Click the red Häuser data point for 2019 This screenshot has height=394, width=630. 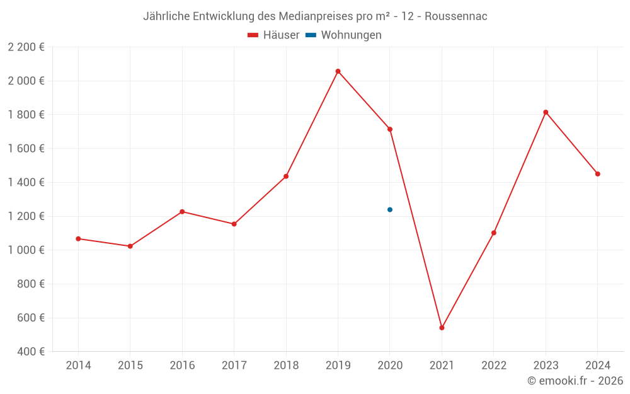[x=338, y=71]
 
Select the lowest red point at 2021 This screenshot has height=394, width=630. [x=442, y=328]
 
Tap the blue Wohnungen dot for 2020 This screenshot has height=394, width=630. [x=390, y=209]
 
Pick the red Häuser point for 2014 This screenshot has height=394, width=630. [x=78, y=239]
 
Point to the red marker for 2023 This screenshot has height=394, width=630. [x=546, y=112]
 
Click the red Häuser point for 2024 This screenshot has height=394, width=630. [x=597, y=174]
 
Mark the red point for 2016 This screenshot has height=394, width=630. [x=182, y=212]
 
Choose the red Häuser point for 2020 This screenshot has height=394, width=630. [x=390, y=129]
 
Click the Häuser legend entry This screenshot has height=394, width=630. [x=273, y=35]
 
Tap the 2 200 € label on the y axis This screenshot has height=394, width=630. [x=26, y=47]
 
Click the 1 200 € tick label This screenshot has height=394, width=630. [x=26, y=216]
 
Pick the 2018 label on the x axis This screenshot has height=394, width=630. [x=286, y=366]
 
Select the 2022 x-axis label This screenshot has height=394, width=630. [x=494, y=366]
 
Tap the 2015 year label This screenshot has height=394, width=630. [x=130, y=366]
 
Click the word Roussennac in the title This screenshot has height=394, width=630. [x=455, y=16]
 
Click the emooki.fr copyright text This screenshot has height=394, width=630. [x=575, y=381]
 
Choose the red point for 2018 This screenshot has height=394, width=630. [x=286, y=177]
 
